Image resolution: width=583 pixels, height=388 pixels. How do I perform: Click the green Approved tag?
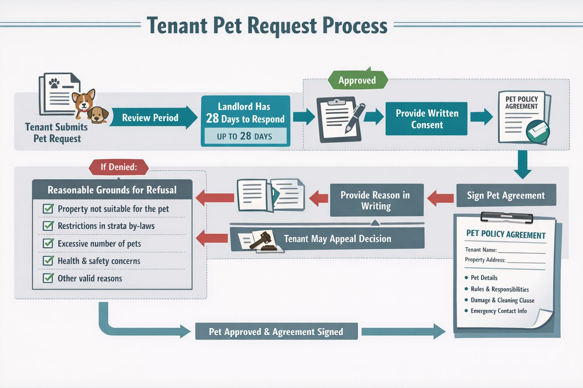357,80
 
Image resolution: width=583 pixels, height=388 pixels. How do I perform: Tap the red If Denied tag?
118,167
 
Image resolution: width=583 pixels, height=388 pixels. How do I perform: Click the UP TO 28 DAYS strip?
245,136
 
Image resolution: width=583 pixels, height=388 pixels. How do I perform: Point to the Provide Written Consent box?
427,119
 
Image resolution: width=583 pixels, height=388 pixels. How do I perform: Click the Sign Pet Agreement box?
506,196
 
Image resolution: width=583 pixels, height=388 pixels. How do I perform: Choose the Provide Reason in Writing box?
376,200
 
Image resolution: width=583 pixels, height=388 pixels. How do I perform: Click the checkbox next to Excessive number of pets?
48,243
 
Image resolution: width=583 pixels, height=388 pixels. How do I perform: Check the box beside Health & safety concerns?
48,261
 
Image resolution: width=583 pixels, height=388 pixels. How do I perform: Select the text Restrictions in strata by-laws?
106,226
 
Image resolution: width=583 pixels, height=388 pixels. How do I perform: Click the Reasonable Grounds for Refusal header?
112,190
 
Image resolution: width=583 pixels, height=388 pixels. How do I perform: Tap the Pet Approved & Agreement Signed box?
276,332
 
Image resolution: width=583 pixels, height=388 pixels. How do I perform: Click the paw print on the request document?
54,83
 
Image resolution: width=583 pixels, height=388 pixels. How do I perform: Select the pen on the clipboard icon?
355,118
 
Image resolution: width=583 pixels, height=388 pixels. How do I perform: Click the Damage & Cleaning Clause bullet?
502,300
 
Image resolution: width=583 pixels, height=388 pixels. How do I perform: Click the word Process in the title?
355,26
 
